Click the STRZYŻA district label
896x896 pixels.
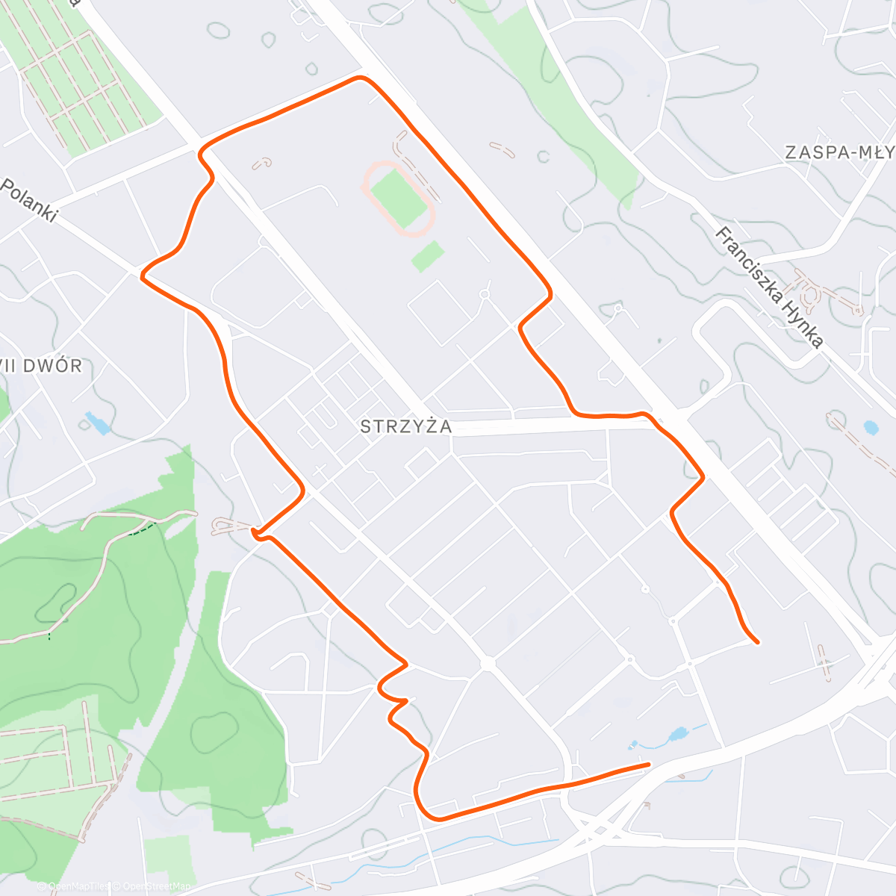405,426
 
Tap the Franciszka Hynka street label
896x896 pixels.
769,287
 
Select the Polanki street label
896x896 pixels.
30,199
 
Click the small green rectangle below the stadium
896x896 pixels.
427,256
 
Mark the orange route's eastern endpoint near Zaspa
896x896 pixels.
758,641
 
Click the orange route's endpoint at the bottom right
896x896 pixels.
648,765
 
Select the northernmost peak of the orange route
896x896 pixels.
361,77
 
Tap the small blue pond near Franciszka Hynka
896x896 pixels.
870,428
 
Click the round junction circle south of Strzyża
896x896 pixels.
488,663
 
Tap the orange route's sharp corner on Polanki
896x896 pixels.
142,275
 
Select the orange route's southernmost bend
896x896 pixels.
437,819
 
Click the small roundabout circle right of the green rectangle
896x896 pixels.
484,295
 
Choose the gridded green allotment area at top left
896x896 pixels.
82,82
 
